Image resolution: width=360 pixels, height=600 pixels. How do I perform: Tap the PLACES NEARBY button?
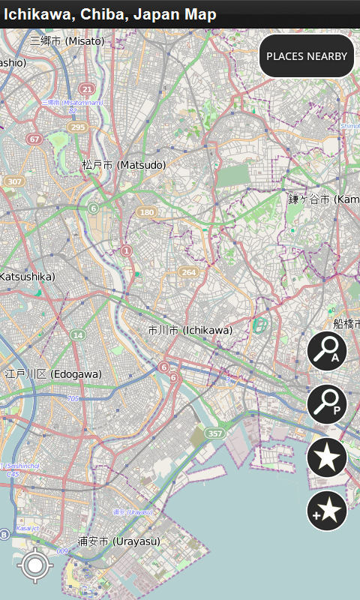[307, 56]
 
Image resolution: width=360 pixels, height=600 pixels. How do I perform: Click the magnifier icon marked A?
[327, 351]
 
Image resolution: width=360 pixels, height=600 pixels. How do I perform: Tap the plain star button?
[327, 457]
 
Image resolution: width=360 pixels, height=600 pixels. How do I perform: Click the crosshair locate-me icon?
[35, 565]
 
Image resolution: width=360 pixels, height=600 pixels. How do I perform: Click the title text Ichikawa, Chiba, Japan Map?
[110, 14]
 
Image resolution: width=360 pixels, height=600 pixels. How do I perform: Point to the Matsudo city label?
[124, 164]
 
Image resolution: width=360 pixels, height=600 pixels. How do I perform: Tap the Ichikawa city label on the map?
[190, 330]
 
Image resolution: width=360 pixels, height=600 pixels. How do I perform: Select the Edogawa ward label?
[53, 373]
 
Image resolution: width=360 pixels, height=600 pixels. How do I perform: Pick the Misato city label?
[67, 41]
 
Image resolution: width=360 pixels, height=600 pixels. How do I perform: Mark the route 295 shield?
[76, 127]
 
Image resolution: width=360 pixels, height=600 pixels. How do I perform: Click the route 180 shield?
[146, 212]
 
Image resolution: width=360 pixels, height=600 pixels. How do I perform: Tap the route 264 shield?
[188, 272]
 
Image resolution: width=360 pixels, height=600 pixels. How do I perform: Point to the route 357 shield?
[215, 433]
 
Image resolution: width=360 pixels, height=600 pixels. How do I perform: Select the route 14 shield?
[78, 334]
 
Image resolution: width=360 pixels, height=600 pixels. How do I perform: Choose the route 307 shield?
[14, 181]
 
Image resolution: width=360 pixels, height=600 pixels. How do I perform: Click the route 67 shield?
[34, 139]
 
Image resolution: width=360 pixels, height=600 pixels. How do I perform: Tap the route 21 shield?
[87, 88]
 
